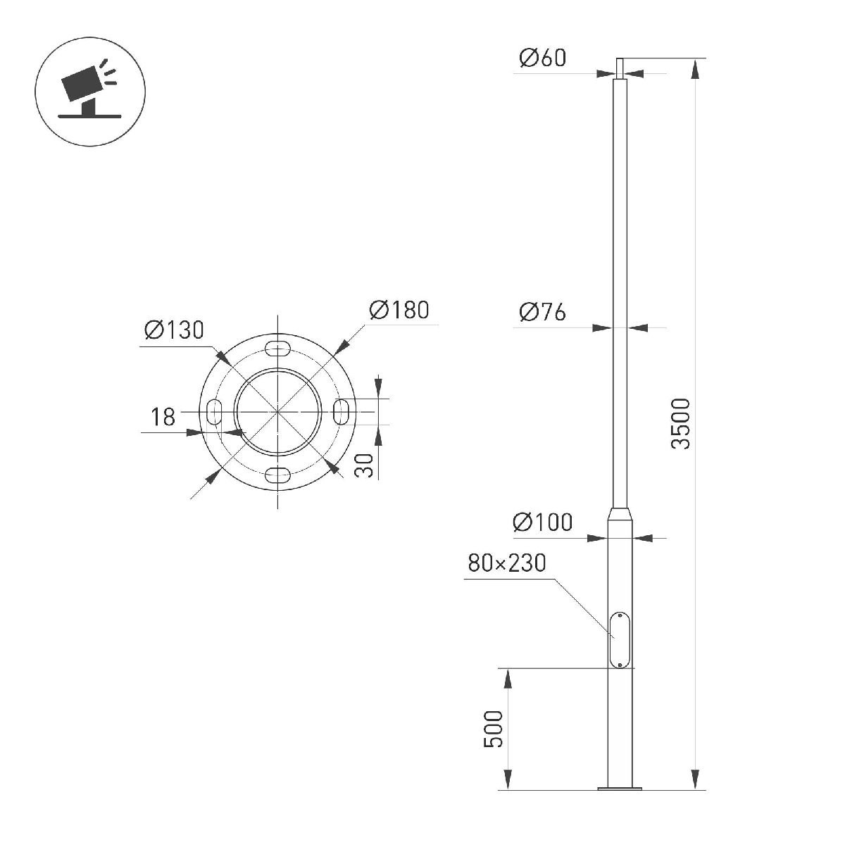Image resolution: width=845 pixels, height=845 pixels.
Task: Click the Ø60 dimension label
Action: tap(542, 58)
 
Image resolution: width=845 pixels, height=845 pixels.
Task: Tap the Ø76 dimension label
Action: tap(542, 311)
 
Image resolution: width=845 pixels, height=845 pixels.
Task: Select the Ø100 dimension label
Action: tap(542, 522)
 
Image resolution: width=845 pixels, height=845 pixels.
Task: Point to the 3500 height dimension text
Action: tap(681, 423)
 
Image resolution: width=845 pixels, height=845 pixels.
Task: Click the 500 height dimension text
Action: tap(494, 730)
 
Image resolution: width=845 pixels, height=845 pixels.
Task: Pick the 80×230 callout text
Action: tap(506, 563)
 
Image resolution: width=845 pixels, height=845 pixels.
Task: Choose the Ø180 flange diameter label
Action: tap(399, 310)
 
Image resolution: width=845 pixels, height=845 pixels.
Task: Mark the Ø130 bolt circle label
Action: tap(173, 329)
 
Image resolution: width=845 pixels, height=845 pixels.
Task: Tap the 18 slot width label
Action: tap(163, 418)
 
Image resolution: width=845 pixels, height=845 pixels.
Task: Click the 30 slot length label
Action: tap(363, 465)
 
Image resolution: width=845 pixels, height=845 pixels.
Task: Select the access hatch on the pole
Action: tap(620, 639)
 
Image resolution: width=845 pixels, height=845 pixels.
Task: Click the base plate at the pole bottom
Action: tap(620, 788)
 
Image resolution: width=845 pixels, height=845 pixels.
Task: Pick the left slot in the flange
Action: tap(215, 411)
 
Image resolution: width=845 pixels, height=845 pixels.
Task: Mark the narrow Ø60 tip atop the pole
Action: tap(620, 68)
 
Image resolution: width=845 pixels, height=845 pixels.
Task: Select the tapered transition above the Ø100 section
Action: tap(620, 513)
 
